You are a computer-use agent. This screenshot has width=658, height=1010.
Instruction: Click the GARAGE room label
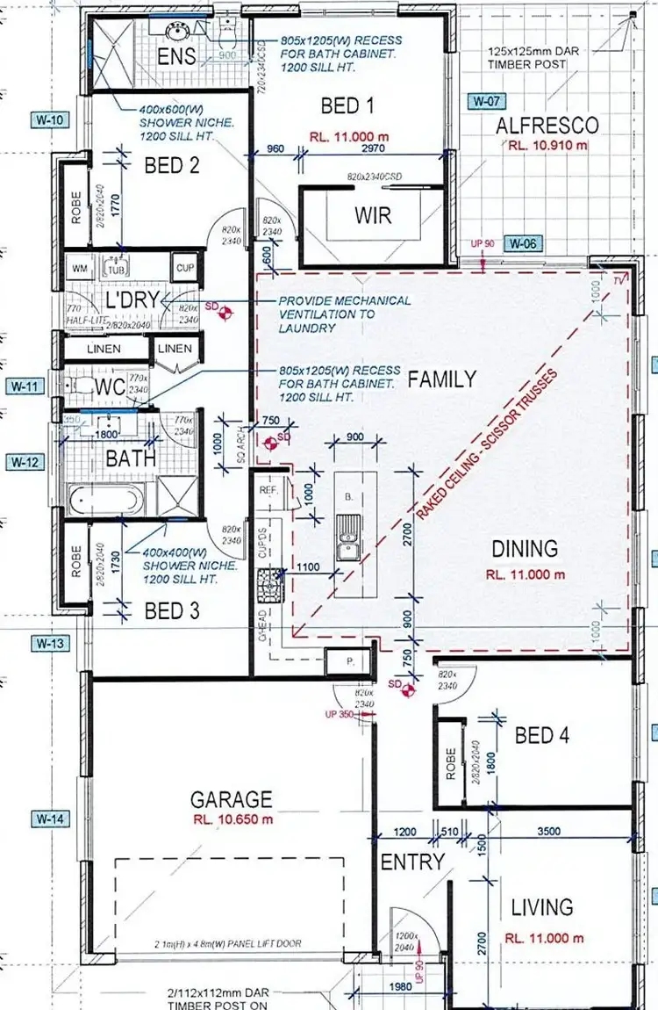coord(232,799)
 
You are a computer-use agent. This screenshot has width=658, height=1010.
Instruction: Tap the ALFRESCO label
coord(547,126)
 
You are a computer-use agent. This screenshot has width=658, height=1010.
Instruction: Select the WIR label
coord(372,215)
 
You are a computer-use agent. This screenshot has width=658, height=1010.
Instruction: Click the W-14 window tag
coord(50,819)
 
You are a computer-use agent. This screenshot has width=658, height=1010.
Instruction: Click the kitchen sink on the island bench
coord(347,538)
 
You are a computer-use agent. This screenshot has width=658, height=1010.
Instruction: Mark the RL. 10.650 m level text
coord(233,819)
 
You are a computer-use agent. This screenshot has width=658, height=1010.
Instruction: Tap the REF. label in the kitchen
coord(268,492)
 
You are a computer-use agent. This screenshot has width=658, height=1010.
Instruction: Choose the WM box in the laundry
coord(80,267)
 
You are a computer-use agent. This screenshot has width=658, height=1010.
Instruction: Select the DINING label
coord(524,549)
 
